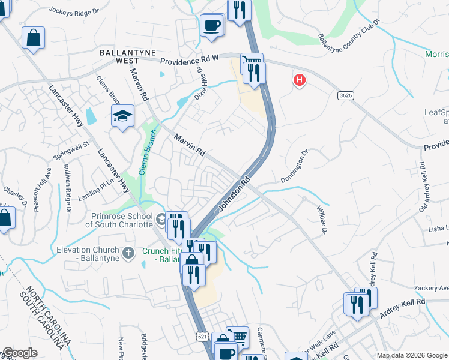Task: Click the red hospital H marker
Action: click(x=299, y=79)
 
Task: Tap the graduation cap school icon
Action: click(x=122, y=116)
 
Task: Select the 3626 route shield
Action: click(x=345, y=95)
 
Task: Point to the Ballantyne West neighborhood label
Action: click(x=128, y=56)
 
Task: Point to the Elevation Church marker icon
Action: click(x=127, y=254)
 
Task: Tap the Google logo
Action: click(x=20, y=353)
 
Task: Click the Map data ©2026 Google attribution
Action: click(x=412, y=355)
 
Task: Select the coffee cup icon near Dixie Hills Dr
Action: click(x=211, y=25)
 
